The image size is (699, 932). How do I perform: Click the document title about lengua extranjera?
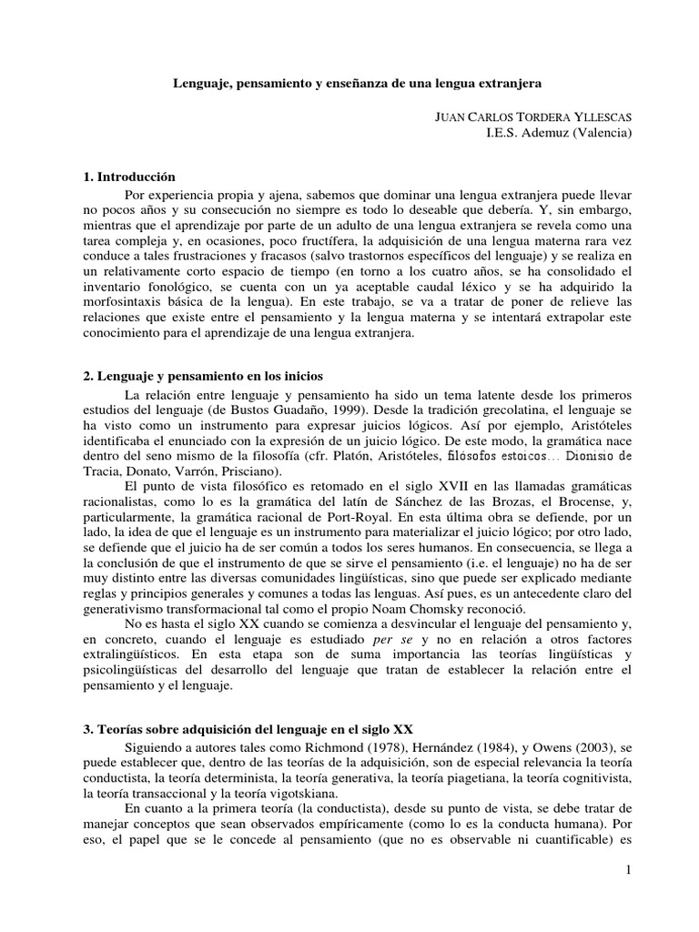pyautogui.click(x=358, y=83)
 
